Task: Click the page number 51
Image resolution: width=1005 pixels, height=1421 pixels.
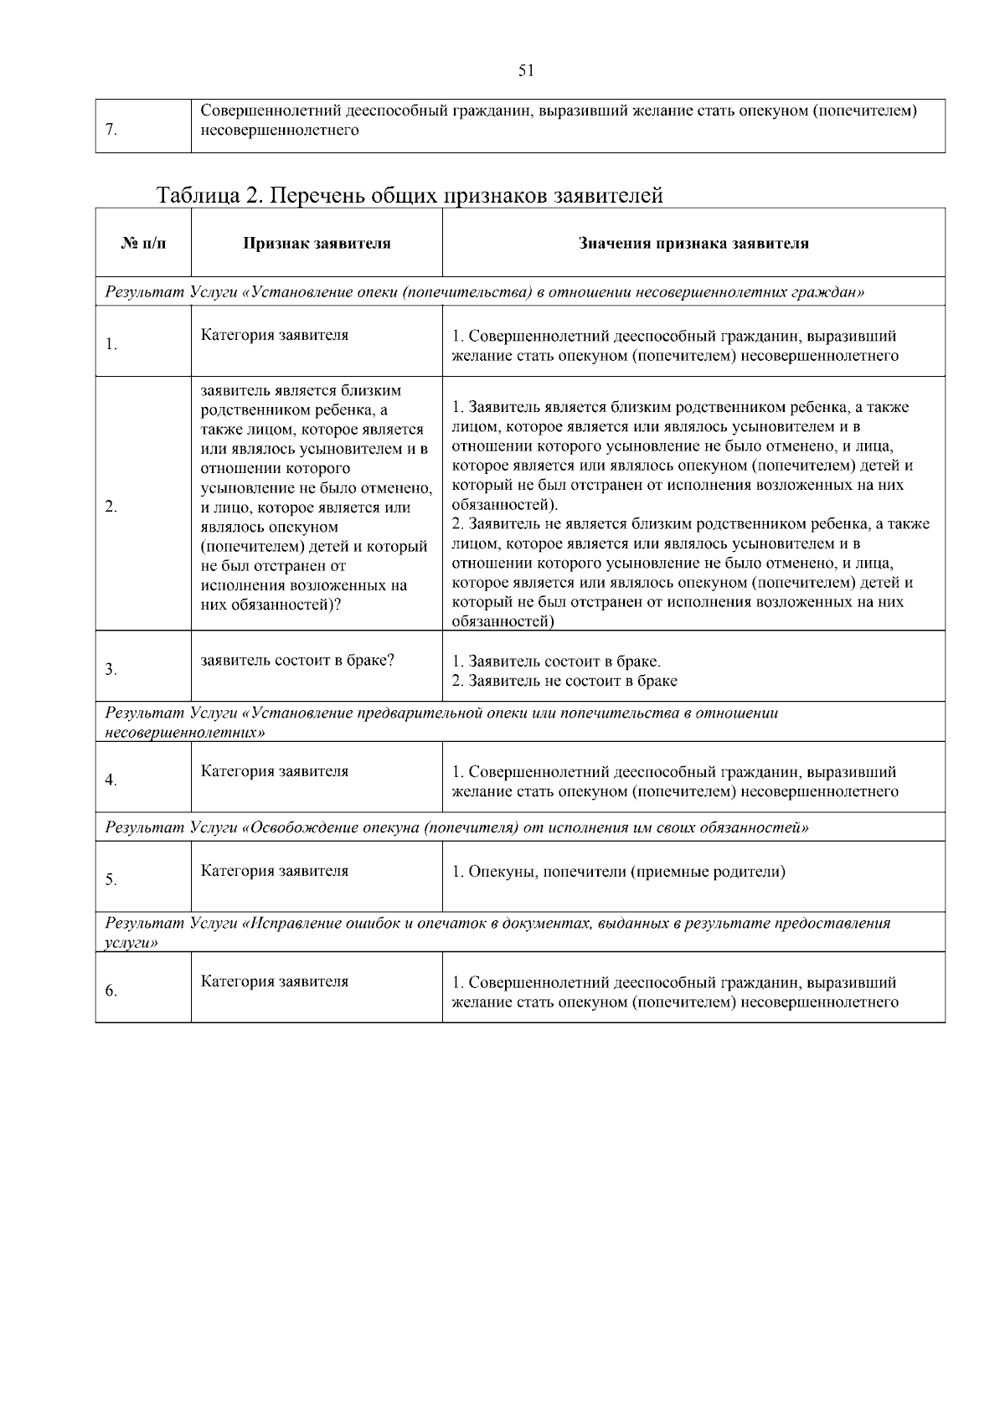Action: (526, 71)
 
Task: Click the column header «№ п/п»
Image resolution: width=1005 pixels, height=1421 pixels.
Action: (143, 244)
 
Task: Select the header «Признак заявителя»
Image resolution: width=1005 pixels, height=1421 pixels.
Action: (317, 244)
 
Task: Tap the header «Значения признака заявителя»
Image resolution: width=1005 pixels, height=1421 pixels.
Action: (693, 244)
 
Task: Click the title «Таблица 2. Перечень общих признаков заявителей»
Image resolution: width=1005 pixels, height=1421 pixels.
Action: (410, 195)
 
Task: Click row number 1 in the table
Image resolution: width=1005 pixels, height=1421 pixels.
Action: (111, 344)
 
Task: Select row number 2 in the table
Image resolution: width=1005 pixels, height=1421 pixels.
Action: (111, 507)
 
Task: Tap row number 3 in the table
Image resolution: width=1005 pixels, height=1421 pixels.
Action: (111, 669)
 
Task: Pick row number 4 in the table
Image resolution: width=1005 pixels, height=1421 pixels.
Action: (111, 780)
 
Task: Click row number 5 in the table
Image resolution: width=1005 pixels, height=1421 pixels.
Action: (111, 880)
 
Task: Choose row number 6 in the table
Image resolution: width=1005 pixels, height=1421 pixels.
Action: (111, 991)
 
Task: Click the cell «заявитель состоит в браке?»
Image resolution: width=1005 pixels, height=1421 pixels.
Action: (297, 659)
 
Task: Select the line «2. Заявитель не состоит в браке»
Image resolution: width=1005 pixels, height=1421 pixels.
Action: (564, 681)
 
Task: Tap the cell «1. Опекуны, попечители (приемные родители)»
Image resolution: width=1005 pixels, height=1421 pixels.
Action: (618, 872)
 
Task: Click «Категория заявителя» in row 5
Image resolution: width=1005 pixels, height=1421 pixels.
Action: (274, 871)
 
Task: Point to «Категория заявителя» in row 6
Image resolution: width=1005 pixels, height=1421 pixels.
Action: (274, 981)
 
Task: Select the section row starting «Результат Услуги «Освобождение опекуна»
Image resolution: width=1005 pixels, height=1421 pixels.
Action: (456, 827)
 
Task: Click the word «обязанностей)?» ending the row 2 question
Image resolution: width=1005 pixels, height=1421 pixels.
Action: (271, 605)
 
